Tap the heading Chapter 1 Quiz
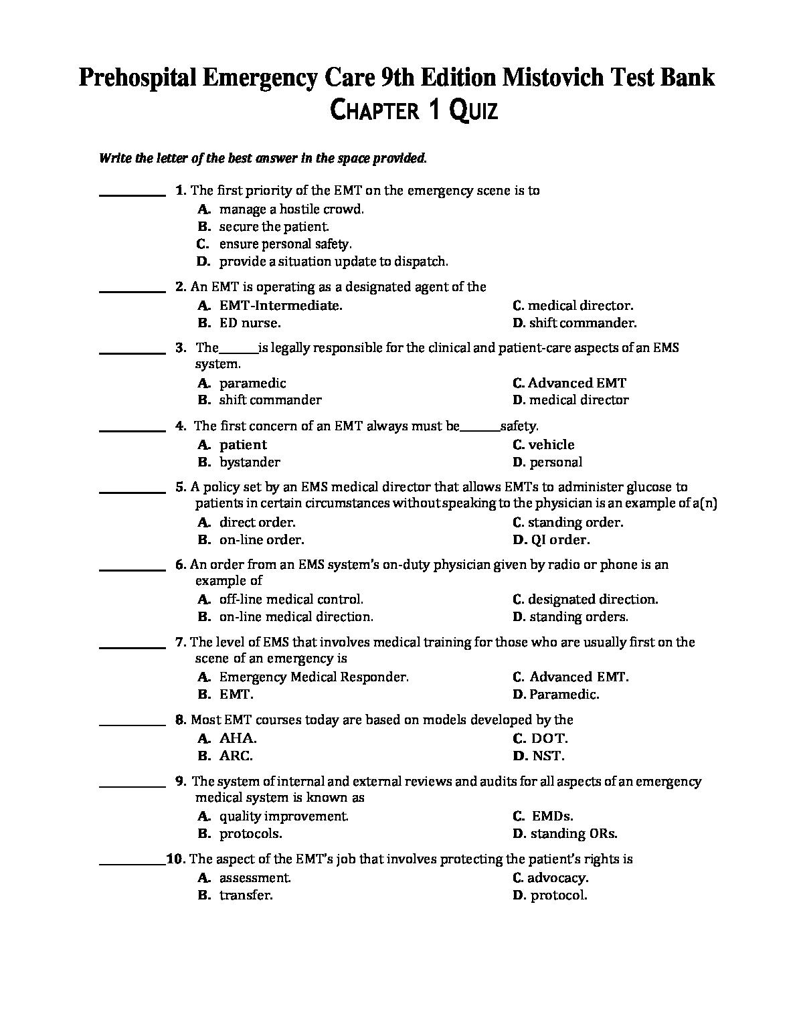click(x=414, y=110)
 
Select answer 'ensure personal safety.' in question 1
click(x=285, y=244)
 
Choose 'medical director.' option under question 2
click(x=580, y=306)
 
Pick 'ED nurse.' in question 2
click(x=250, y=323)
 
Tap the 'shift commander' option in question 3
click(x=270, y=400)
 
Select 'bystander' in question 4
click(x=250, y=462)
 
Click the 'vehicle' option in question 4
click(x=551, y=445)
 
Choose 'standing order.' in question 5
click(x=575, y=523)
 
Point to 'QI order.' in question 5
click(x=560, y=540)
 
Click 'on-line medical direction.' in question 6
click(x=296, y=617)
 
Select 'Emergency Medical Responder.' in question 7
click(x=313, y=677)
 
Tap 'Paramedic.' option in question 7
click(x=563, y=695)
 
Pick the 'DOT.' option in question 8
click(x=549, y=739)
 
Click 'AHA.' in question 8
click(x=238, y=739)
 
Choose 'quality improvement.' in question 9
click(x=283, y=816)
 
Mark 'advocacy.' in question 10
click(x=557, y=878)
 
